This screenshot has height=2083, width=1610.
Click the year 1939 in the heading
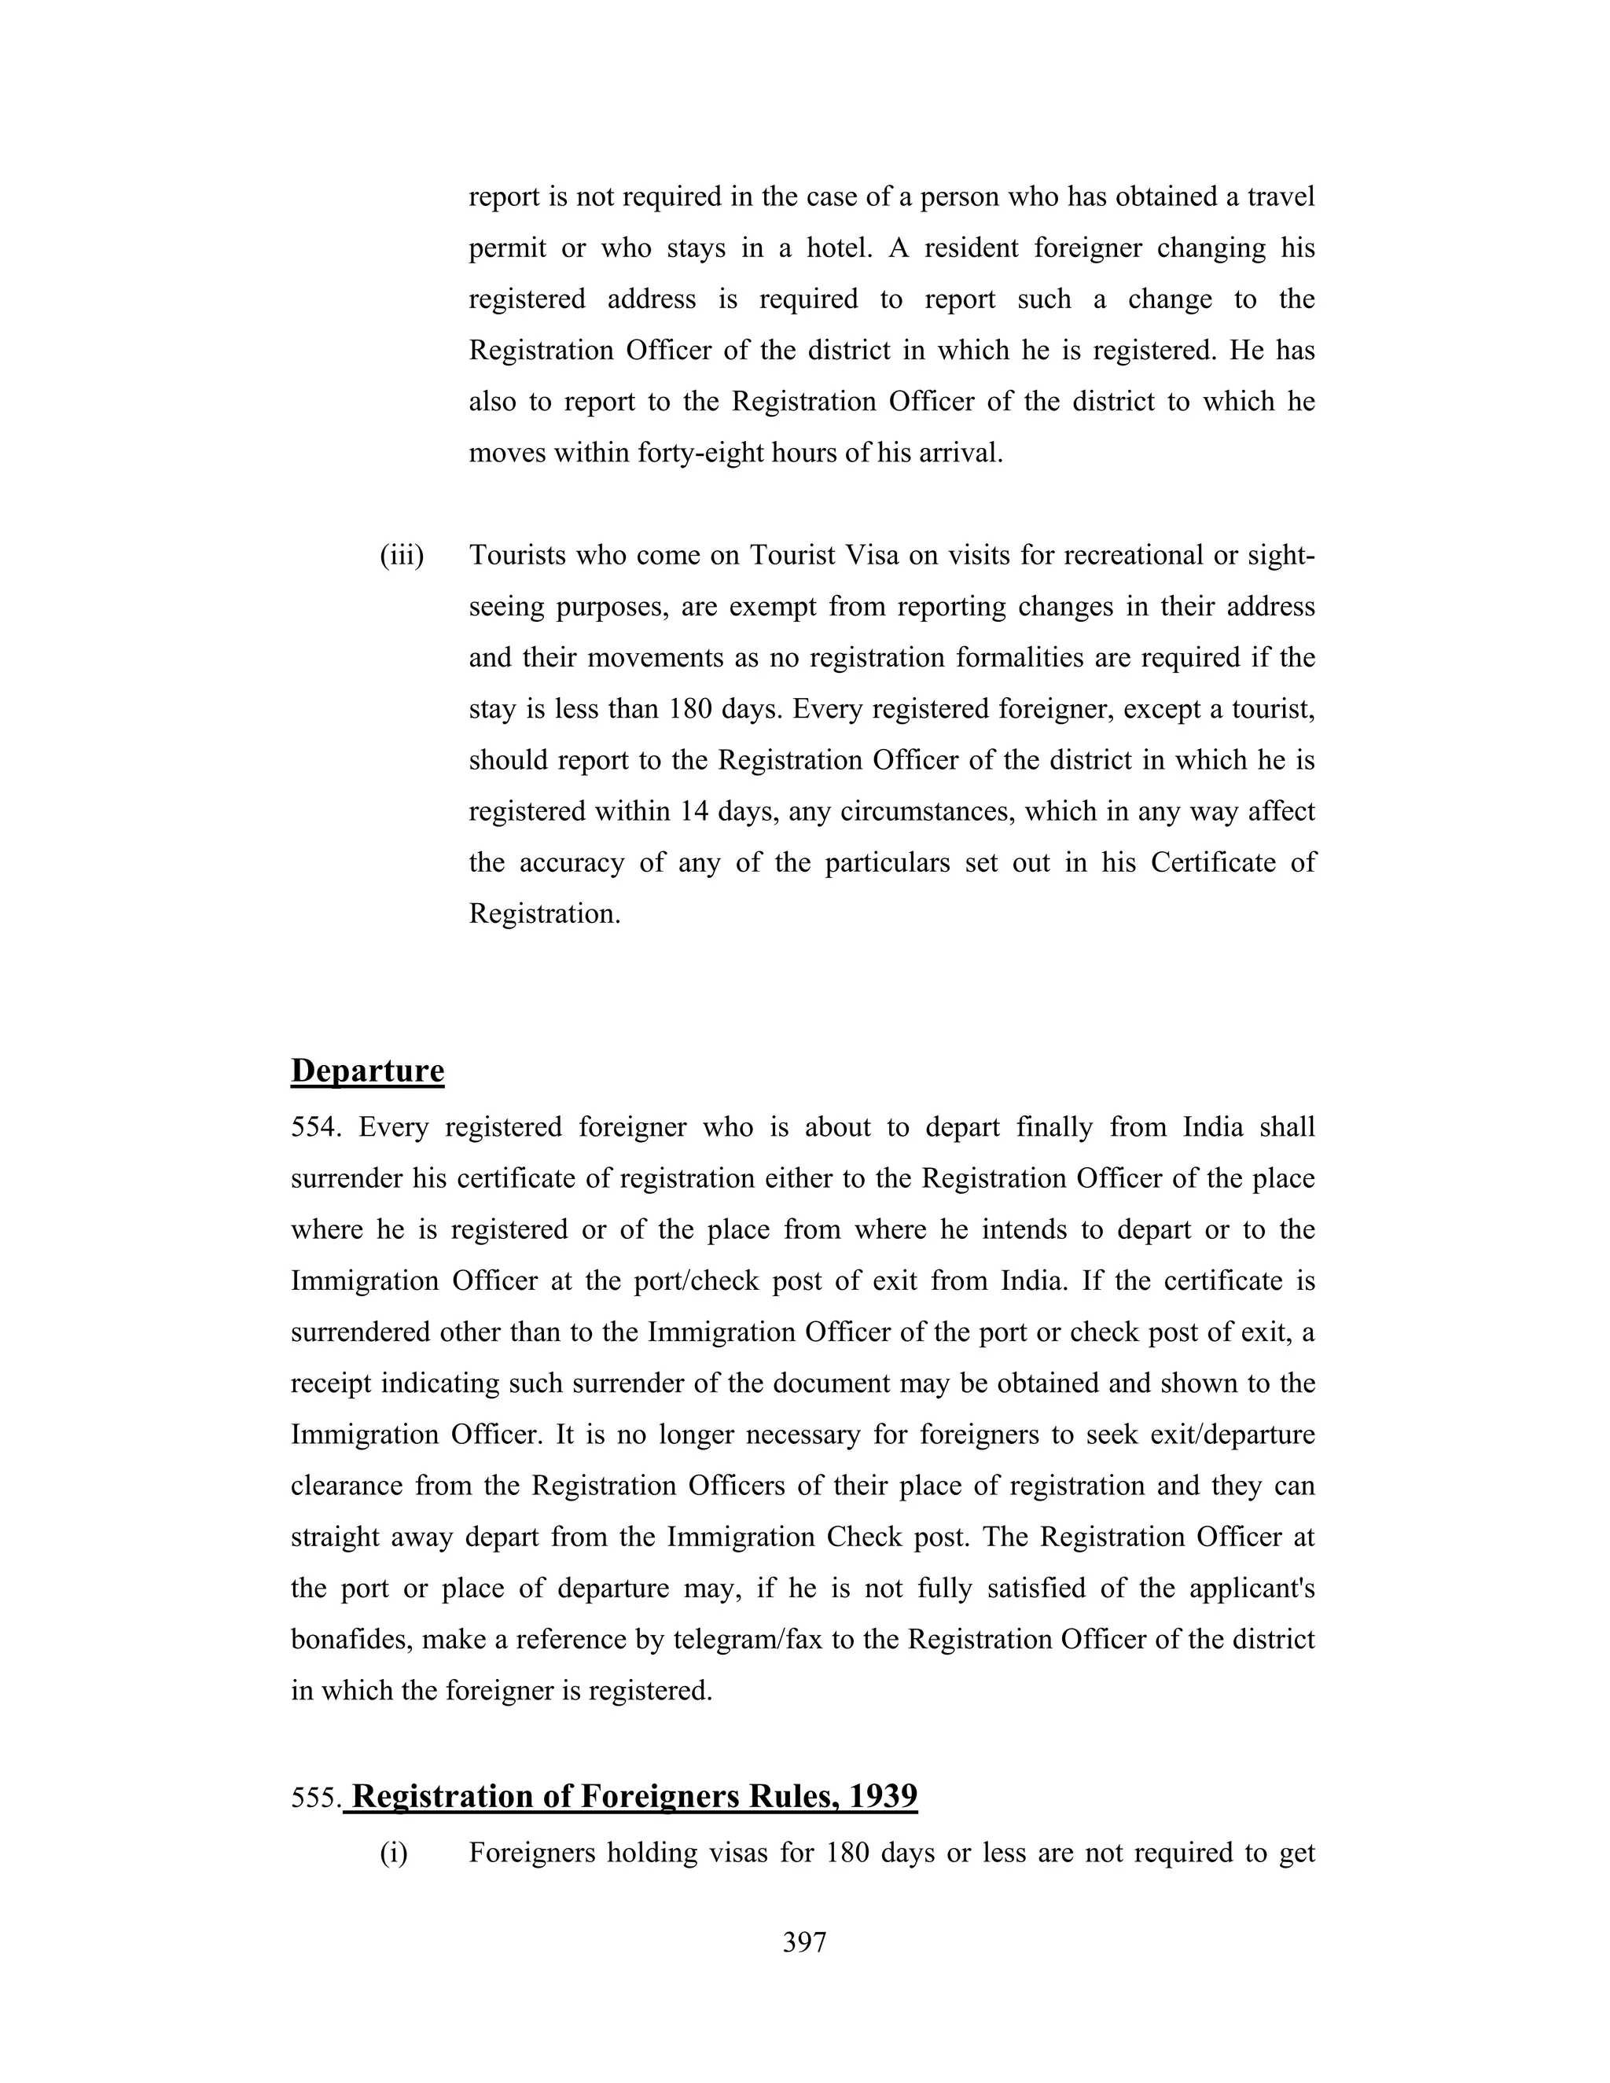click(x=882, y=1796)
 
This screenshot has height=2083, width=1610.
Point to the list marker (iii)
click(x=402, y=555)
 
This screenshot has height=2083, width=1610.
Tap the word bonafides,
click(x=351, y=1640)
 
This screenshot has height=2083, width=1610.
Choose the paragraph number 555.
click(x=314, y=1798)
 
